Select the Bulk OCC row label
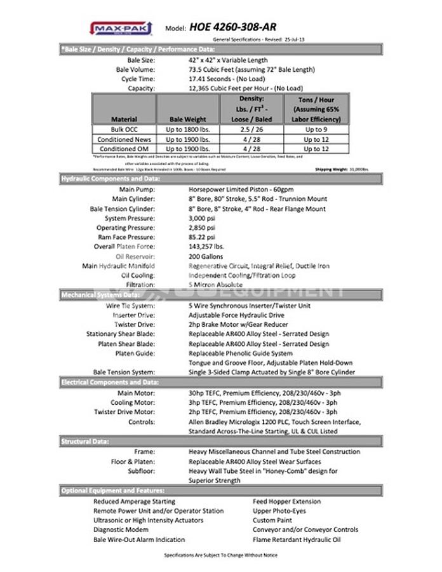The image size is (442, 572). [124, 129]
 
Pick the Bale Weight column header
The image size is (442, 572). [187, 119]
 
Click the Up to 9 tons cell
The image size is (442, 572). [316, 129]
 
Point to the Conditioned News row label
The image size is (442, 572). [124, 139]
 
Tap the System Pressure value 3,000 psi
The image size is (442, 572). [203, 218]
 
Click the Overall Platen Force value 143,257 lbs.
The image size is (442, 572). [206, 247]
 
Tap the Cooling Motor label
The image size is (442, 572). [133, 402]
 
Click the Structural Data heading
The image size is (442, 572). [84, 441]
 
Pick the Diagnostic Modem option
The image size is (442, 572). [122, 529]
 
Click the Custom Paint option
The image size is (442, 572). [272, 520]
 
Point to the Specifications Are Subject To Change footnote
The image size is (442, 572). [220, 555]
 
